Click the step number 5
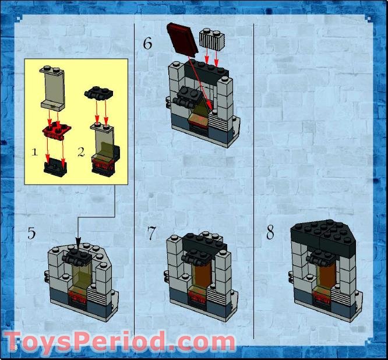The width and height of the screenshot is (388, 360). pos(31,233)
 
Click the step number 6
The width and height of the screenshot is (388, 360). pos(148,43)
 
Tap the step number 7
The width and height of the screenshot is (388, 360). pos(152,234)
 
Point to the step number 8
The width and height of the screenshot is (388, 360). pos(270,233)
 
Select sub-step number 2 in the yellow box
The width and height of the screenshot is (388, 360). pos(81,152)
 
